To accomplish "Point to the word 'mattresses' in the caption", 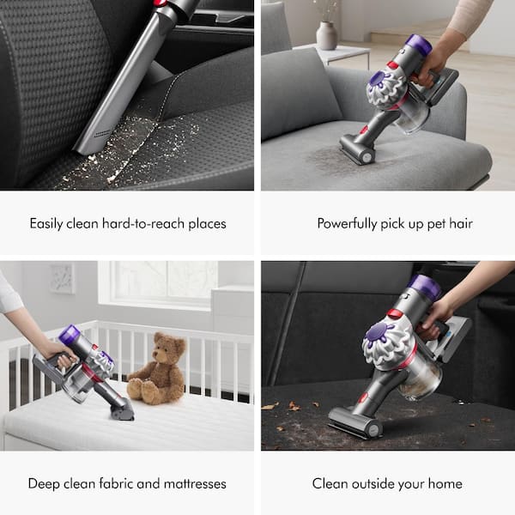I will (x=192, y=483).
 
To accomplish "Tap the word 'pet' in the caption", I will (x=435, y=223).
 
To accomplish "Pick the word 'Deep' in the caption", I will (x=44, y=483).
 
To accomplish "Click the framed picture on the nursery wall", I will (x=62, y=278).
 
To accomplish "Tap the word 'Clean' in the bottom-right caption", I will (x=330, y=483).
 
